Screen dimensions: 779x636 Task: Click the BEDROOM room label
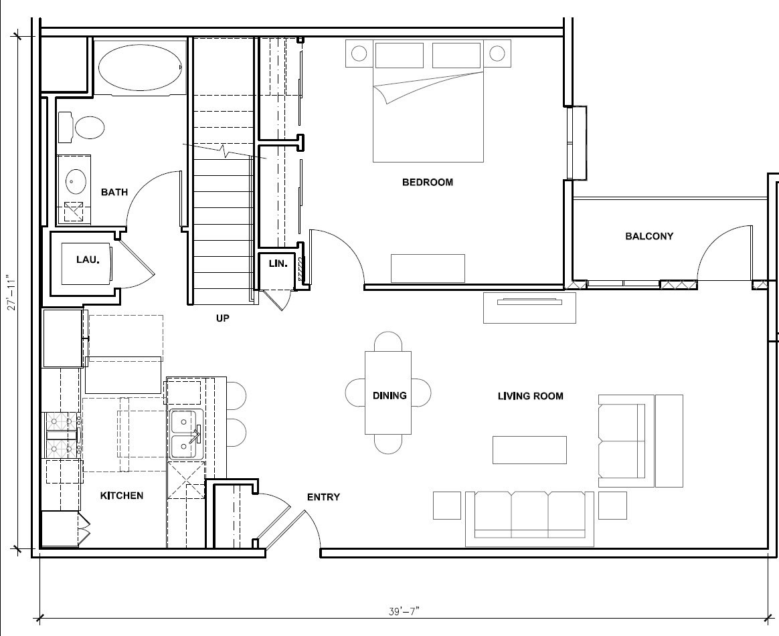(427, 182)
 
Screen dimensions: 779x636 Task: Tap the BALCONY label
(649, 236)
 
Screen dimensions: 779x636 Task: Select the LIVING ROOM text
(530, 396)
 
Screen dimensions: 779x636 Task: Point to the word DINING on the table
(389, 396)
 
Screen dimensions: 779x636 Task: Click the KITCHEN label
(122, 496)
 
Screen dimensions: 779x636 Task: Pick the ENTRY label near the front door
(323, 497)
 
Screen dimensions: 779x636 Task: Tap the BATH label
(114, 192)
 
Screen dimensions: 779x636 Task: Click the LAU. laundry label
(88, 259)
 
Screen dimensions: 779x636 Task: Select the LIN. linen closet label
(278, 263)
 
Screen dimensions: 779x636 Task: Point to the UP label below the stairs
(223, 318)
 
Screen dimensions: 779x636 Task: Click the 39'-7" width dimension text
(404, 611)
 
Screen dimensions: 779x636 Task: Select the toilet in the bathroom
(82, 128)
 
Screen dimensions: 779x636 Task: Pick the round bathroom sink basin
(76, 182)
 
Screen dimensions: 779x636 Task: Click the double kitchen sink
(186, 435)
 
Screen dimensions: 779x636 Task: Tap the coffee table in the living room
(529, 450)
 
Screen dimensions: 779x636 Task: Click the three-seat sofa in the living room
(529, 519)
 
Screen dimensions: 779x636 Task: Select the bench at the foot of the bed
(428, 269)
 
